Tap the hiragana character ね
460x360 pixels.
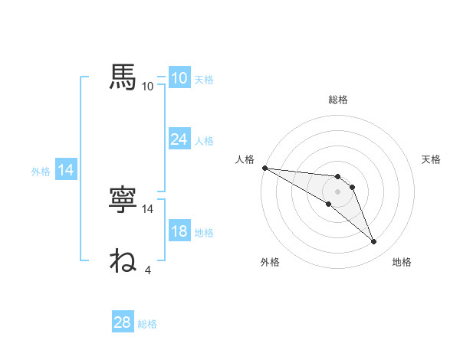123,260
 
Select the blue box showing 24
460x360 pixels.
179,139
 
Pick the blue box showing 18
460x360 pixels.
179,232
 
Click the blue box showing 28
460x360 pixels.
123,322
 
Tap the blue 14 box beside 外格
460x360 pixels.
67,171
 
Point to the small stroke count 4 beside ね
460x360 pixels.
147,269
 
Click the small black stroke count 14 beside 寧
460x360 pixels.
148,208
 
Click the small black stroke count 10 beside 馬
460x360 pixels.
148,86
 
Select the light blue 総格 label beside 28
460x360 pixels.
148,324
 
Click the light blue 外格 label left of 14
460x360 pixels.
41,172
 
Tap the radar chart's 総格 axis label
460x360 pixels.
338,100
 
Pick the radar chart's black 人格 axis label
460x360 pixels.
245,159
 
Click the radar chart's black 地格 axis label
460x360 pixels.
402,263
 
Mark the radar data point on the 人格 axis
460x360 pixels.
264,168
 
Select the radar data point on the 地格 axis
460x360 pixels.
373,242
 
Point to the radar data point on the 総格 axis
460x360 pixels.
338,177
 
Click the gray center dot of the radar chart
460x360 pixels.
338,191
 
